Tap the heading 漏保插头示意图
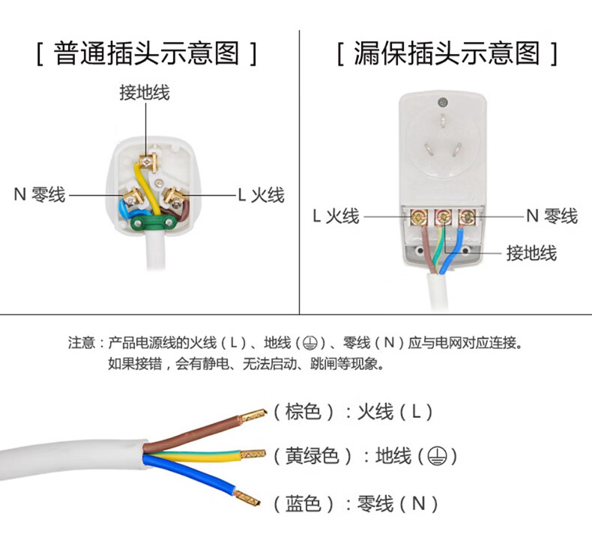click(447, 54)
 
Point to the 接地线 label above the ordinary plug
click(145, 93)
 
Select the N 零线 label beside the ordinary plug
click(40, 195)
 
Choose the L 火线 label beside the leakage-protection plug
click(336, 216)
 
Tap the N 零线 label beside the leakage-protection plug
click(552, 216)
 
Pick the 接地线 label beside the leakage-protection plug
click(531, 253)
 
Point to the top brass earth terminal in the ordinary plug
click(147, 160)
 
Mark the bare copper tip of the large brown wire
click(253, 413)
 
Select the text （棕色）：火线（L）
click(352, 411)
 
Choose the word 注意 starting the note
click(81, 344)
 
